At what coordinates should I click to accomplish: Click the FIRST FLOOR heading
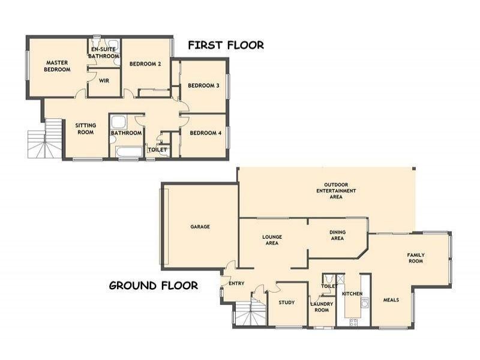[x=226, y=45]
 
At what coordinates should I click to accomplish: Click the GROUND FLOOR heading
[x=153, y=286]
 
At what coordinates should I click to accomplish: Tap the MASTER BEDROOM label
[x=57, y=66]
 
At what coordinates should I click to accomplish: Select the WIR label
[x=103, y=80]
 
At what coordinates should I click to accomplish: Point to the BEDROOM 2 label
[x=145, y=64]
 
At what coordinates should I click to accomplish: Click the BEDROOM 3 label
[x=203, y=86]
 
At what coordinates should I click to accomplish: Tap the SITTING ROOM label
[x=85, y=129]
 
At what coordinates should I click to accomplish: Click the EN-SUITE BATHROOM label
[x=104, y=53]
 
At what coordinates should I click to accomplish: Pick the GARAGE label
[x=200, y=227]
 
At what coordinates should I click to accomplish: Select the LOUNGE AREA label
[x=272, y=241]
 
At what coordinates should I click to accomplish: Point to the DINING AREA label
[x=337, y=235]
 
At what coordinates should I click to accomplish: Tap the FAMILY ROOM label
[x=416, y=258]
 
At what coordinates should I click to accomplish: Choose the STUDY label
[x=287, y=302]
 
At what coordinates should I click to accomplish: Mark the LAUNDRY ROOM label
[x=322, y=307]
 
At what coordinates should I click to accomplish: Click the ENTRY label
[x=236, y=283]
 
